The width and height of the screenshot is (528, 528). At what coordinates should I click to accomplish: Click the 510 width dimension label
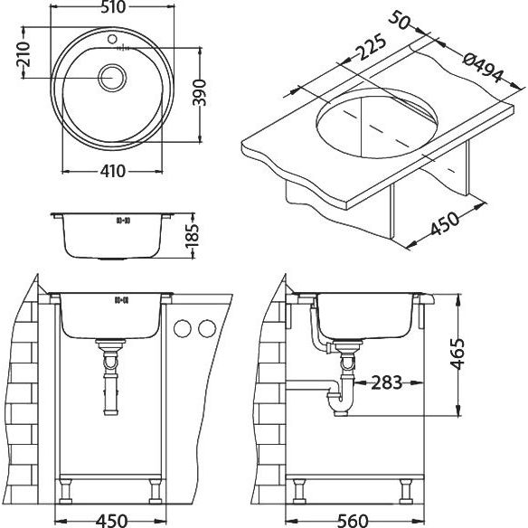pyautogui.click(x=113, y=7)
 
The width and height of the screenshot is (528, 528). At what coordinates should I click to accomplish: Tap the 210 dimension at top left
pyautogui.click(x=24, y=54)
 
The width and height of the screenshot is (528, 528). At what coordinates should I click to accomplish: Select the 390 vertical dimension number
pyautogui.click(x=199, y=92)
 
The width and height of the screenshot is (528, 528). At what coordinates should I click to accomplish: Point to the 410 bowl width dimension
pyautogui.click(x=113, y=172)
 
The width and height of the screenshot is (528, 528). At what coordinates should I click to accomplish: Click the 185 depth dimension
pyautogui.click(x=193, y=236)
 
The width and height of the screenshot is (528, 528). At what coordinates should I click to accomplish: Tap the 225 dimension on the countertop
pyautogui.click(x=371, y=47)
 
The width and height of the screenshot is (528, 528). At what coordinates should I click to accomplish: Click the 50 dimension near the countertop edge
pyautogui.click(x=400, y=20)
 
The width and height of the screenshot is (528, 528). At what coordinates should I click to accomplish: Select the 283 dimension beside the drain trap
pyautogui.click(x=387, y=382)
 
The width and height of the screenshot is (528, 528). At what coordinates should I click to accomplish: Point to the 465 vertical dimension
pyautogui.click(x=458, y=354)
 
